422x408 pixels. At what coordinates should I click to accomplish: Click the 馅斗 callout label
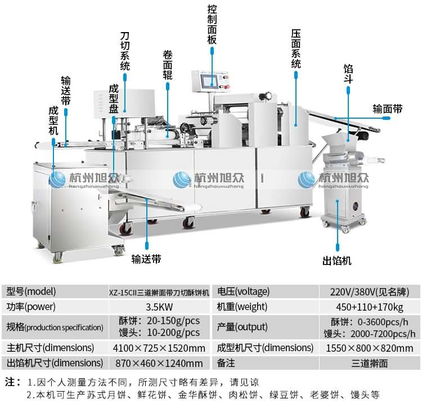point(348,74)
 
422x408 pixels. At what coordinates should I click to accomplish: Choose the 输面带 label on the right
point(388,109)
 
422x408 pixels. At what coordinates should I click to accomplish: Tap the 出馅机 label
point(336,261)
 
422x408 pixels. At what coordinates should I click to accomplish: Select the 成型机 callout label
point(53,120)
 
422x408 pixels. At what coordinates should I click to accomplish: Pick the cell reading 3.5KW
point(159,307)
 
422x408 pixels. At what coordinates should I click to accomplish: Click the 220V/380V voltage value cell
point(369,292)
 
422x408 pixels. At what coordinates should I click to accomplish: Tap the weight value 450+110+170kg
point(369,307)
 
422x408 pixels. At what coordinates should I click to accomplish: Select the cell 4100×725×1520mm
point(159,348)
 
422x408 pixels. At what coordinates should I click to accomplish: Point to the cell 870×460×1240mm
point(159,363)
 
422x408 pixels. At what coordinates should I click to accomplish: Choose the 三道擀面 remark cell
point(369,363)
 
